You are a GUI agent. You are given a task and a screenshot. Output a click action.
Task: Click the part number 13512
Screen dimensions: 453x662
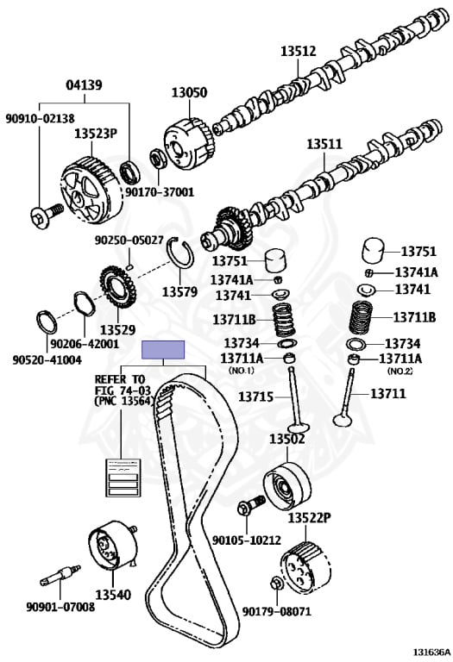tap(299, 51)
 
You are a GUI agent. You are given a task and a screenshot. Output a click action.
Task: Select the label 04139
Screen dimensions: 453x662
tap(84, 84)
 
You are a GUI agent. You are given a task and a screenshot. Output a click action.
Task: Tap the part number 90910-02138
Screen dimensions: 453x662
tap(41, 118)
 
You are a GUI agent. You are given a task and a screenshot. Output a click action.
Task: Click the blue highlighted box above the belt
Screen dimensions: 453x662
tap(163, 350)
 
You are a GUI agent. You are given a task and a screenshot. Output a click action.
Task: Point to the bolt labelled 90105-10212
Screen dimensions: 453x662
tap(251, 504)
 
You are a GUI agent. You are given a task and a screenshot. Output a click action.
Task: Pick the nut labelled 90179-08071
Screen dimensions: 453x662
tap(274, 584)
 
